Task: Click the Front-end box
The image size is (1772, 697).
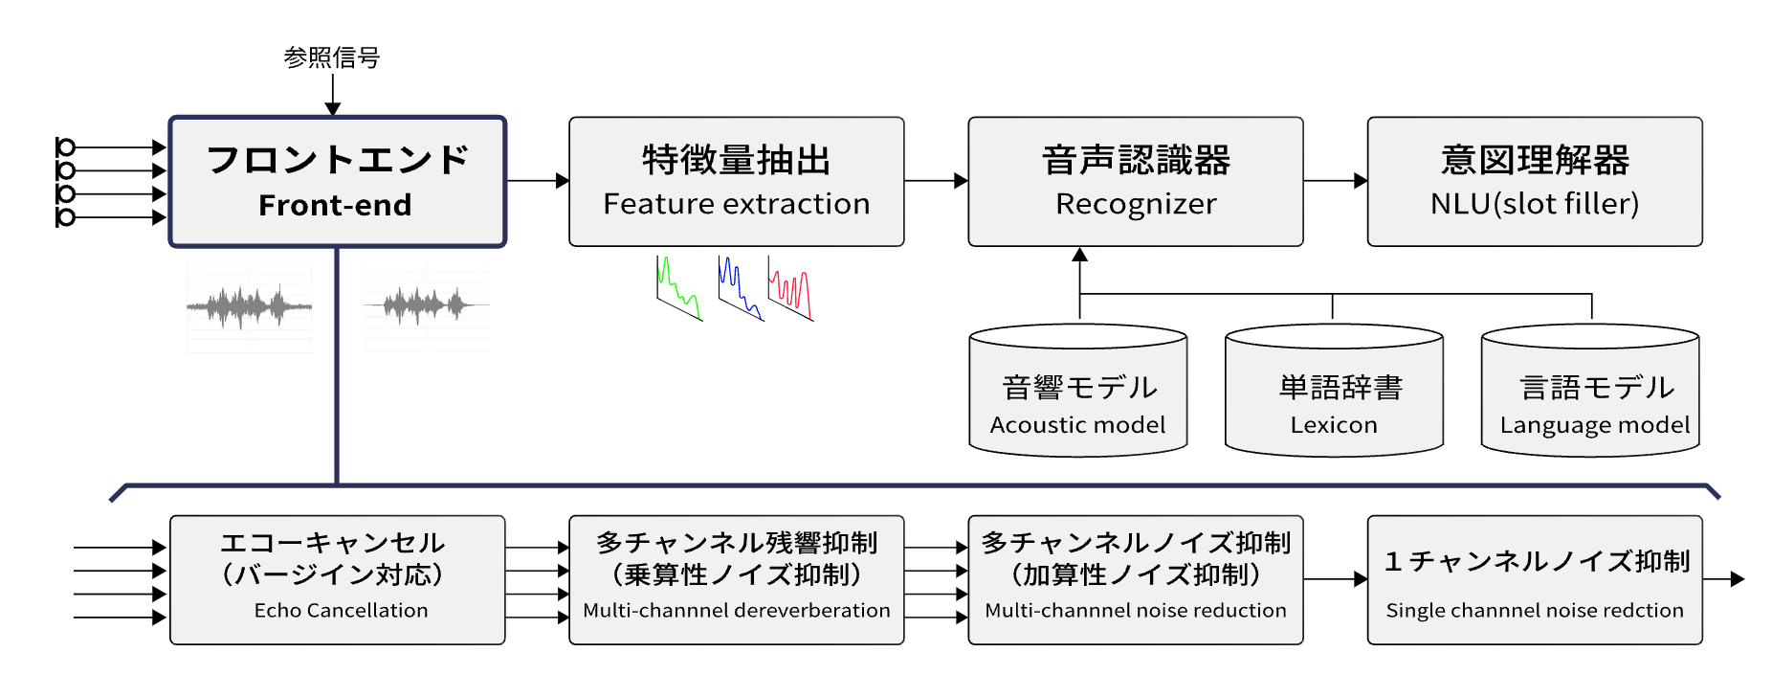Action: coord(337,182)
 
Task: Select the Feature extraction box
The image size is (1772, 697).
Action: coord(736,182)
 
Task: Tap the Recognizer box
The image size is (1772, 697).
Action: coord(1135,182)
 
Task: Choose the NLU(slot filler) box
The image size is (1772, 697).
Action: coord(1534,182)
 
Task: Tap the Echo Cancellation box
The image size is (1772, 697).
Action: coord(337,580)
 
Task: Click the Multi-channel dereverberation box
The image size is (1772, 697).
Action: coord(736,580)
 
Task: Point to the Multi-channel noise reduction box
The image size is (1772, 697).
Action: coord(1135,580)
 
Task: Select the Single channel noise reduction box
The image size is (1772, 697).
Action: coord(1534,580)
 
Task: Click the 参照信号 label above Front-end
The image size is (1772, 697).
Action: coord(332,57)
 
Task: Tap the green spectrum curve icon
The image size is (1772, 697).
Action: coord(678,288)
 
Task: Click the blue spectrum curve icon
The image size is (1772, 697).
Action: coord(740,288)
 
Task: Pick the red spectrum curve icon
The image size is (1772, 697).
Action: coord(790,288)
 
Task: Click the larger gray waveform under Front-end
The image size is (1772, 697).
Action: coord(249,306)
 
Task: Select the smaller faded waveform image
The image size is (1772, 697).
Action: coord(427,305)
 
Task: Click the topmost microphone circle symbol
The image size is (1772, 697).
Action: coord(65,146)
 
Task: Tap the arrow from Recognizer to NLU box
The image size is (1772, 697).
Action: coord(1335,180)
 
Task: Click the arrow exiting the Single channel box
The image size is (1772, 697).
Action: coord(1724,579)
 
